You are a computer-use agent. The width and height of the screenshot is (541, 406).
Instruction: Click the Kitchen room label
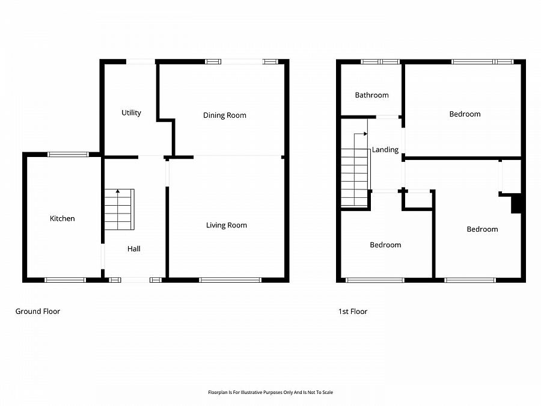tap(62, 218)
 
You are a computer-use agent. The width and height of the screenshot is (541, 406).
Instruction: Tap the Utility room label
tap(131, 113)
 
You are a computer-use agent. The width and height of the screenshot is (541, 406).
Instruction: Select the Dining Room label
tap(225, 115)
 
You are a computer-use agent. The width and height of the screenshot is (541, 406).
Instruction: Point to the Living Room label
tap(227, 226)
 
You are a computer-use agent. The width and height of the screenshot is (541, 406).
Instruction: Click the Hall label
tap(134, 249)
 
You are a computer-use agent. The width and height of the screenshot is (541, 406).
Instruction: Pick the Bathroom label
tap(371, 95)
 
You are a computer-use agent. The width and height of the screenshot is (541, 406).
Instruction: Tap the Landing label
tap(385, 150)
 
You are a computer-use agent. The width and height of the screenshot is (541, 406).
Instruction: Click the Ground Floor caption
tap(38, 312)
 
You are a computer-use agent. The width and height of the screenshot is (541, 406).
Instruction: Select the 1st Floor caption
tap(353, 312)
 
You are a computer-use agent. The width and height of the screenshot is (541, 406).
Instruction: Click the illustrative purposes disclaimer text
tap(270, 392)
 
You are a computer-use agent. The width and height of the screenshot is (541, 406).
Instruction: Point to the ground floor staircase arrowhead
tap(118, 191)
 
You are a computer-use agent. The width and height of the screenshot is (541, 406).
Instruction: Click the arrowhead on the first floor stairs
tap(365, 134)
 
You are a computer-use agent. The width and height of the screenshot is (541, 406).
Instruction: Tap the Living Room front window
tap(230, 280)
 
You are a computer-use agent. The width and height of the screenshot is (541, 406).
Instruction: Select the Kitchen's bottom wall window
tap(65, 280)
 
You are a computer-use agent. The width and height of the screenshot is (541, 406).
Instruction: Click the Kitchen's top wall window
tap(68, 155)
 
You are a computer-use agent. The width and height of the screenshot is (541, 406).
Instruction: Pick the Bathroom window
tap(381, 62)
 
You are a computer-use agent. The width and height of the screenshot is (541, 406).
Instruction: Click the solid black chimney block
tap(516, 204)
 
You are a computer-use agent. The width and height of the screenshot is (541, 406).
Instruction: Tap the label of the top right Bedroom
tap(465, 114)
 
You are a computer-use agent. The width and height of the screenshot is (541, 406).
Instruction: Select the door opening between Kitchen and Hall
tap(102, 256)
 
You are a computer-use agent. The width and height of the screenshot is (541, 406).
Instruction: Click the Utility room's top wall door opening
tap(141, 62)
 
